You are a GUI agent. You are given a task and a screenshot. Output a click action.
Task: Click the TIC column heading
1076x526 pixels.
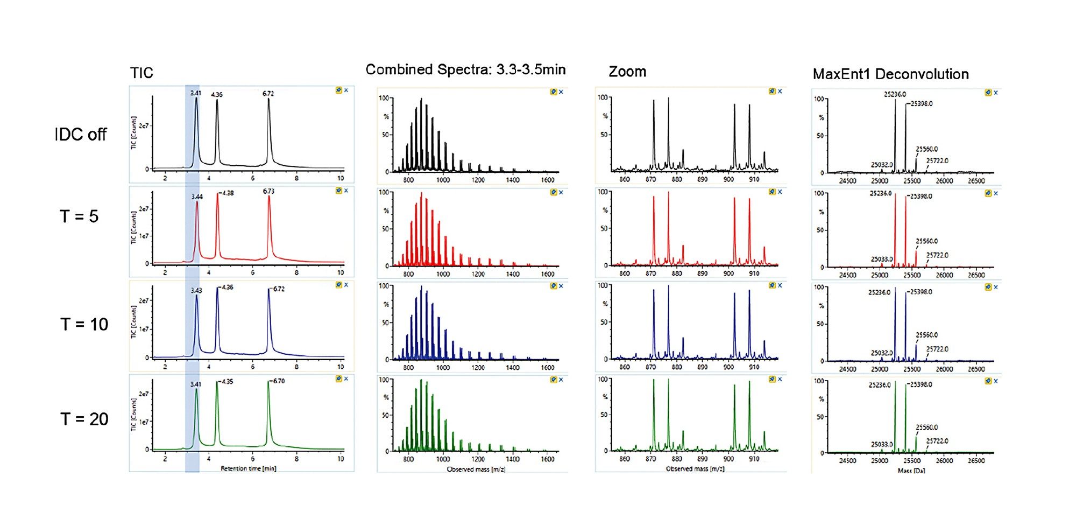pyautogui.click(x=141, y=73)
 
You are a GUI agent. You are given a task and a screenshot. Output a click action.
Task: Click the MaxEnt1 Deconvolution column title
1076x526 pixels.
pyautogui.click(x=890, y=74)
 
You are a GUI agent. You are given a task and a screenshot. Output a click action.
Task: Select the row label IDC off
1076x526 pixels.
pyautogui.click(x=81, y=135)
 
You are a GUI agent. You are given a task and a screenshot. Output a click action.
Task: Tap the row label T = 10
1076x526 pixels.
pyautogui.click(x=84, y=325)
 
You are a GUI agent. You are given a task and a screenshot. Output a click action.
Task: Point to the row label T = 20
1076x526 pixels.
pyautogui.click(x=84, y=419)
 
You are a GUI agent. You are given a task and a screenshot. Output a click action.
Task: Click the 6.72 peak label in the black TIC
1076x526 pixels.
pyautogui.click(x=268, y=94)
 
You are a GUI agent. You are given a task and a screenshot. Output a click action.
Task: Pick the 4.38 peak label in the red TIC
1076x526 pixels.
pyautogui.click(x=228, y=193)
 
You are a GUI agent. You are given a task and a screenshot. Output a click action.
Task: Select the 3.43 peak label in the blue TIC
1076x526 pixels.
pyautogui.click(x=196, y=291)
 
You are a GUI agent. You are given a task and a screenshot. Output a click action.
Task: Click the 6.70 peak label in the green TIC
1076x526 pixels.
pyautogui.click(x=279, y=381)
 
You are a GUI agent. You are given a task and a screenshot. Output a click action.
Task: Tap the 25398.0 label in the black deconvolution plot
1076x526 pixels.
pyautogui.click(x=922, y=104)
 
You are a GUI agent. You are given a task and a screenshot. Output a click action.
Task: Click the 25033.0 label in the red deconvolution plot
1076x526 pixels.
pyautogui.click(x=882, y=260)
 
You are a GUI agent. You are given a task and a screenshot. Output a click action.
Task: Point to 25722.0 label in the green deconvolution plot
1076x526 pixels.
pyautogui.click(x=937, y=441)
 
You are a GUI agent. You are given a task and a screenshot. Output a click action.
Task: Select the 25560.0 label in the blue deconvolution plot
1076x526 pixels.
pyautogui.click(x=927, y=335)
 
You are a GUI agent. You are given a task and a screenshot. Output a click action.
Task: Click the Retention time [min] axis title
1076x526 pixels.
pyautogui.click(x=248, y=468)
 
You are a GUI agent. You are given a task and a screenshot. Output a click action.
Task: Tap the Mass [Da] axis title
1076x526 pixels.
pyautogui.click(x=911, y=471)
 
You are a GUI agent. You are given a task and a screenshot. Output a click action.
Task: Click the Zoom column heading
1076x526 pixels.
pyautogui.click(x=627, y=72)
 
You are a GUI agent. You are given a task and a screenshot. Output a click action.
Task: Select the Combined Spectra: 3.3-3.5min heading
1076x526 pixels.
pyautogui.click(x=465, y=70)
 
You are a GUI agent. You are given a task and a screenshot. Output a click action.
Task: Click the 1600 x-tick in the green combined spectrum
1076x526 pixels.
pyautogui.click(x=547, y=459)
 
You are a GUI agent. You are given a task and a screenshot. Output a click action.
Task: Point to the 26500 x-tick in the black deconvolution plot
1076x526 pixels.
pyautogui.click(x=976, y=181)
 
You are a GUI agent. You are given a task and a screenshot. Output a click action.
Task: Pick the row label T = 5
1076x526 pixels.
pyautogui.click(x=79, y=217)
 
